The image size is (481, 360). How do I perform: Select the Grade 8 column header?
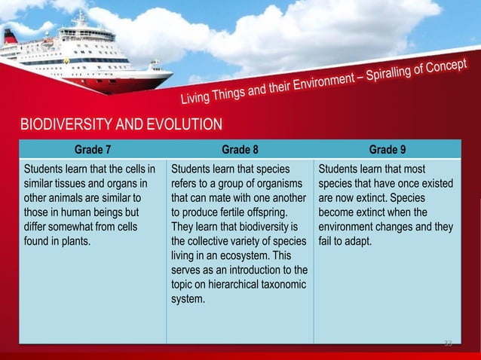pos(240,148)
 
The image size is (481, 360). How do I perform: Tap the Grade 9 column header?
pos(388,148)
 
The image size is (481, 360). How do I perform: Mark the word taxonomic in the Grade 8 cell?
pos(279,285)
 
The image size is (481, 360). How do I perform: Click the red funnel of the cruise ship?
pos(10,35)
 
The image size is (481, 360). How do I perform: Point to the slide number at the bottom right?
pos(447,344)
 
